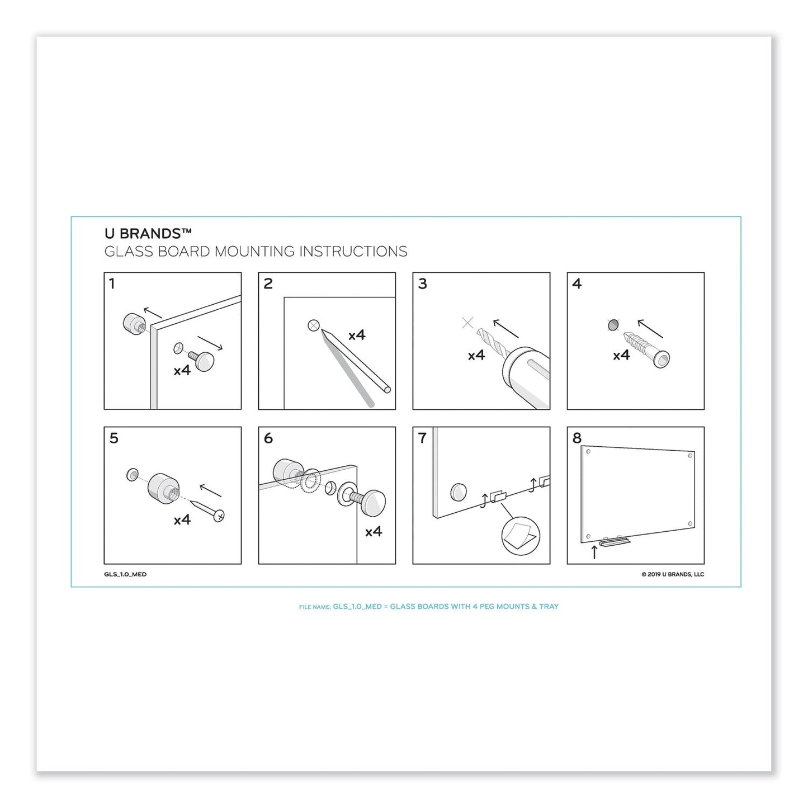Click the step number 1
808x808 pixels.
point(112,284)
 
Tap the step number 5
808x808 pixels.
point(114,438)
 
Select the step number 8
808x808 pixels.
point(577,438)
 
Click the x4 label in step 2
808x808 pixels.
point(357,335)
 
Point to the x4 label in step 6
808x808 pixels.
point(374,532)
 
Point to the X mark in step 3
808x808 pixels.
point(468,323)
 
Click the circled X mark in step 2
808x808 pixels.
point(314,325)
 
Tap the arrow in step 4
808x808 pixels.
point(650,328)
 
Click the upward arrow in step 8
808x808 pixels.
point(594,552)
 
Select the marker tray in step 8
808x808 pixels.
point(615,541)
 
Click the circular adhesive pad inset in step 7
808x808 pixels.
point(520,536)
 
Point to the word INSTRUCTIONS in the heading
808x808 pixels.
point(353,252)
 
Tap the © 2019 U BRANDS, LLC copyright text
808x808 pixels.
point(673,574)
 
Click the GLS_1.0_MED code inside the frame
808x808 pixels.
point(125,574)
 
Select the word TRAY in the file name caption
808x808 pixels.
point(549,606)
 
